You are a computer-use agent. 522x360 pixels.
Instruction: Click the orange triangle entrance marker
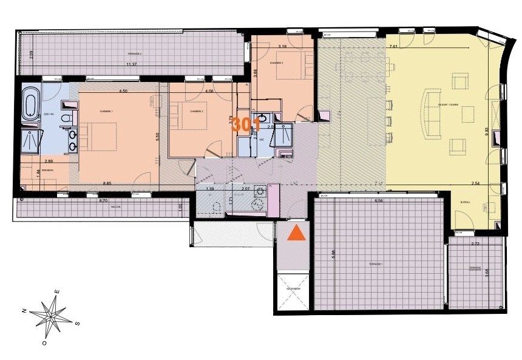(296, 233)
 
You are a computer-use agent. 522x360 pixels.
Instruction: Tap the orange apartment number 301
(246, 124)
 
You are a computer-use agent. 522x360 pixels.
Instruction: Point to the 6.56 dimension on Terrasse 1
(380, 200)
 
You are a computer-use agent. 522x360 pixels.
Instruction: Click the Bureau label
(464, 202)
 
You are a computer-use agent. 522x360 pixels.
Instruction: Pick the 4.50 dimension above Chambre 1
(123, 91)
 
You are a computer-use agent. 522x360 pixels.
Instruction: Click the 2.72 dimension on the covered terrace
(475, 243)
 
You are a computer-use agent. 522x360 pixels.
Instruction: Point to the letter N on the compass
(24, 311)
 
